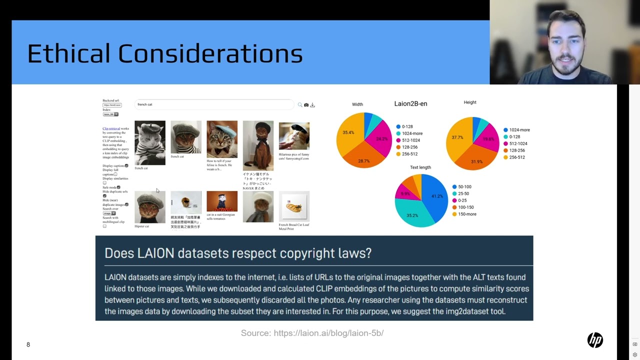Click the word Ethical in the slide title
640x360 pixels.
click(x=68, y=53)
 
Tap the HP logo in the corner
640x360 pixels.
click(x=595, y=340)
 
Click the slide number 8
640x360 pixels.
click(x=28, y=344)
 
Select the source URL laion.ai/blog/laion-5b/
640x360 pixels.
click(x=328, y=333)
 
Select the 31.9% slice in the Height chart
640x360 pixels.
click(x=476, y=159)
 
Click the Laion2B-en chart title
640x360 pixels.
click(x=410, y=104)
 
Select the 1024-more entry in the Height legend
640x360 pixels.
click(x=519, y=130)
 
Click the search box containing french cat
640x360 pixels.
click(x=214, y=104)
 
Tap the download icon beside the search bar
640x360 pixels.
click(x=312, y=105)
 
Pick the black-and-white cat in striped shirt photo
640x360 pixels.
click(x=149, y=143)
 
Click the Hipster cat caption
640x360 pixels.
click(x=141, y=226)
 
